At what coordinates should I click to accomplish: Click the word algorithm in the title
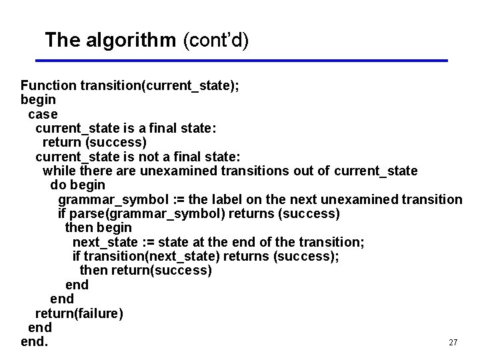[131, 40]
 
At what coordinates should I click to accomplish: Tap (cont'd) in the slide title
[215, 41]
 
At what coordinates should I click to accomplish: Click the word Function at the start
[48, 85]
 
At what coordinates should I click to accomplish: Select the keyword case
[43, 114]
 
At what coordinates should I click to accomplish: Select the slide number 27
[453, 343]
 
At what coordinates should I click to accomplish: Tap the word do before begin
[58, 185]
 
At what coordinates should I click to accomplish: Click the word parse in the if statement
[87, 214]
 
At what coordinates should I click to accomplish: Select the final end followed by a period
[34, 342]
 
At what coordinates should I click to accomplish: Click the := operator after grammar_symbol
[177, 199]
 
